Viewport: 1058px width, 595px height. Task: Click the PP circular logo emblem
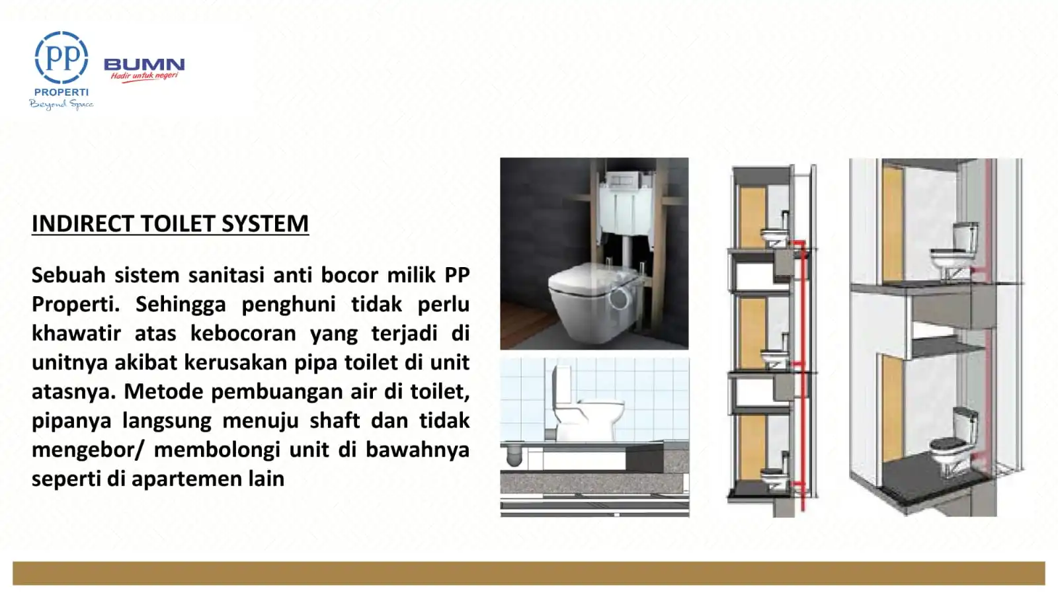pos(61,58)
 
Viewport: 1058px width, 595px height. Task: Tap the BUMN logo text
pos(144,64)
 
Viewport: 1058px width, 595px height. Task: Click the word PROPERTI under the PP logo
pos(61,93)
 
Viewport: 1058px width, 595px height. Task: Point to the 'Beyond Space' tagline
pos(61,104)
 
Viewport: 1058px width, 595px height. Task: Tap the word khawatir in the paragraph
pos(76,333)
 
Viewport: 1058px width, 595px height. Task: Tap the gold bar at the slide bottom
pos(529,573)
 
